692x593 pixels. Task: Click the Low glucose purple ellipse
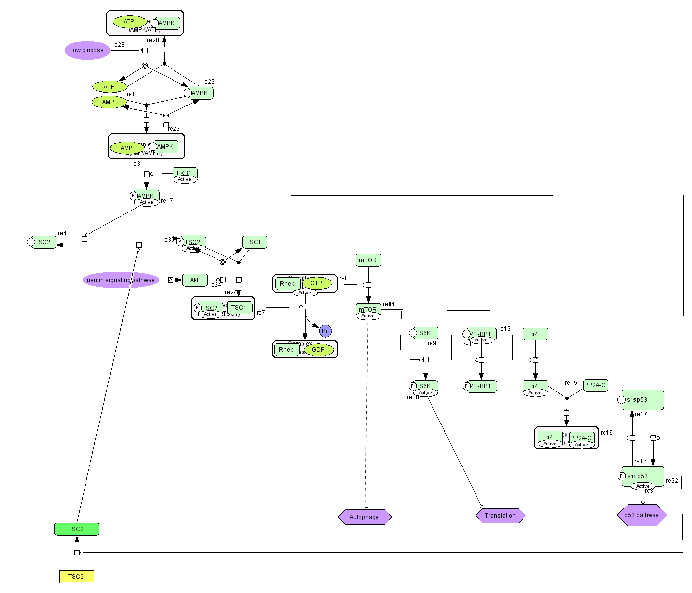click(x=87, y=50)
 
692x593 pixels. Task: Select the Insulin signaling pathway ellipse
click(x=120, y=280)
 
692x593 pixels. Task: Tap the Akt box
click(x=195, y=280)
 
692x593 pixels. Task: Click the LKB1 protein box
click(x=185, y=173)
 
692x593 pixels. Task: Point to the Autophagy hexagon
click(x=365, y=517)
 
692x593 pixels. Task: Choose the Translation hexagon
click(x=500, y=516)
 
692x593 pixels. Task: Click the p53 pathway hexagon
click(x=642, y=515)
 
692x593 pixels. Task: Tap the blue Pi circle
click(x=325, y=331)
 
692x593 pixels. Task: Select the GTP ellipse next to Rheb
click(x=316, y=284)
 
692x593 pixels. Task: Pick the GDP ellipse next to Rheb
click(x=319, y=350)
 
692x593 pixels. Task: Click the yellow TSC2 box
click(x=77, y=577)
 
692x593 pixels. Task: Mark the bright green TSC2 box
click(x=77, y=529)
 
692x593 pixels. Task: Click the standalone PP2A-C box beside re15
click(x=595, y=385)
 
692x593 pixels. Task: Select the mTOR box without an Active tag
click(x=368, y=260)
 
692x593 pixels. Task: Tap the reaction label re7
click(x=261, y=313)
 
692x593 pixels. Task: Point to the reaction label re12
click(x=504, y=329)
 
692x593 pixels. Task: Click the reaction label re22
click(x=208, y=82)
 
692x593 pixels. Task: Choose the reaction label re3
click(x=136, y=164)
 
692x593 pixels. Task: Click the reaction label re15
click(x=571, y=383)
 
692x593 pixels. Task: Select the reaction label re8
click(x=344, y=278)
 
